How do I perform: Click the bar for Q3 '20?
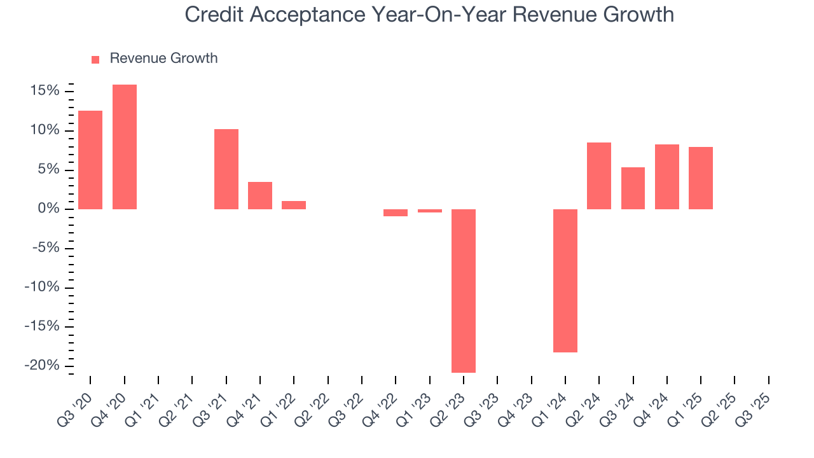point(90,160)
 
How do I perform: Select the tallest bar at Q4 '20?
point(125,147)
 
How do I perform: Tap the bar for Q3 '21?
point(226,169)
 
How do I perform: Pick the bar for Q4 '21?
point(260,195)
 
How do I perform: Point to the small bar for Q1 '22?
point(294,205)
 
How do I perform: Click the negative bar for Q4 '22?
point(396,212)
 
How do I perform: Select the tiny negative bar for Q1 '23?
point(430,211)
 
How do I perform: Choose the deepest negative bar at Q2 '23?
point(464,291)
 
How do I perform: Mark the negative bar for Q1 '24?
point(565,281)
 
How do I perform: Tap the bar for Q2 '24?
point(599,176)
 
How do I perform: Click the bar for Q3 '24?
point(633,188)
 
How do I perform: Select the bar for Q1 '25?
point(701,178)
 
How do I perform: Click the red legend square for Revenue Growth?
point(95,59)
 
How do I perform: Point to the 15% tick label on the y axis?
point(44,91)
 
